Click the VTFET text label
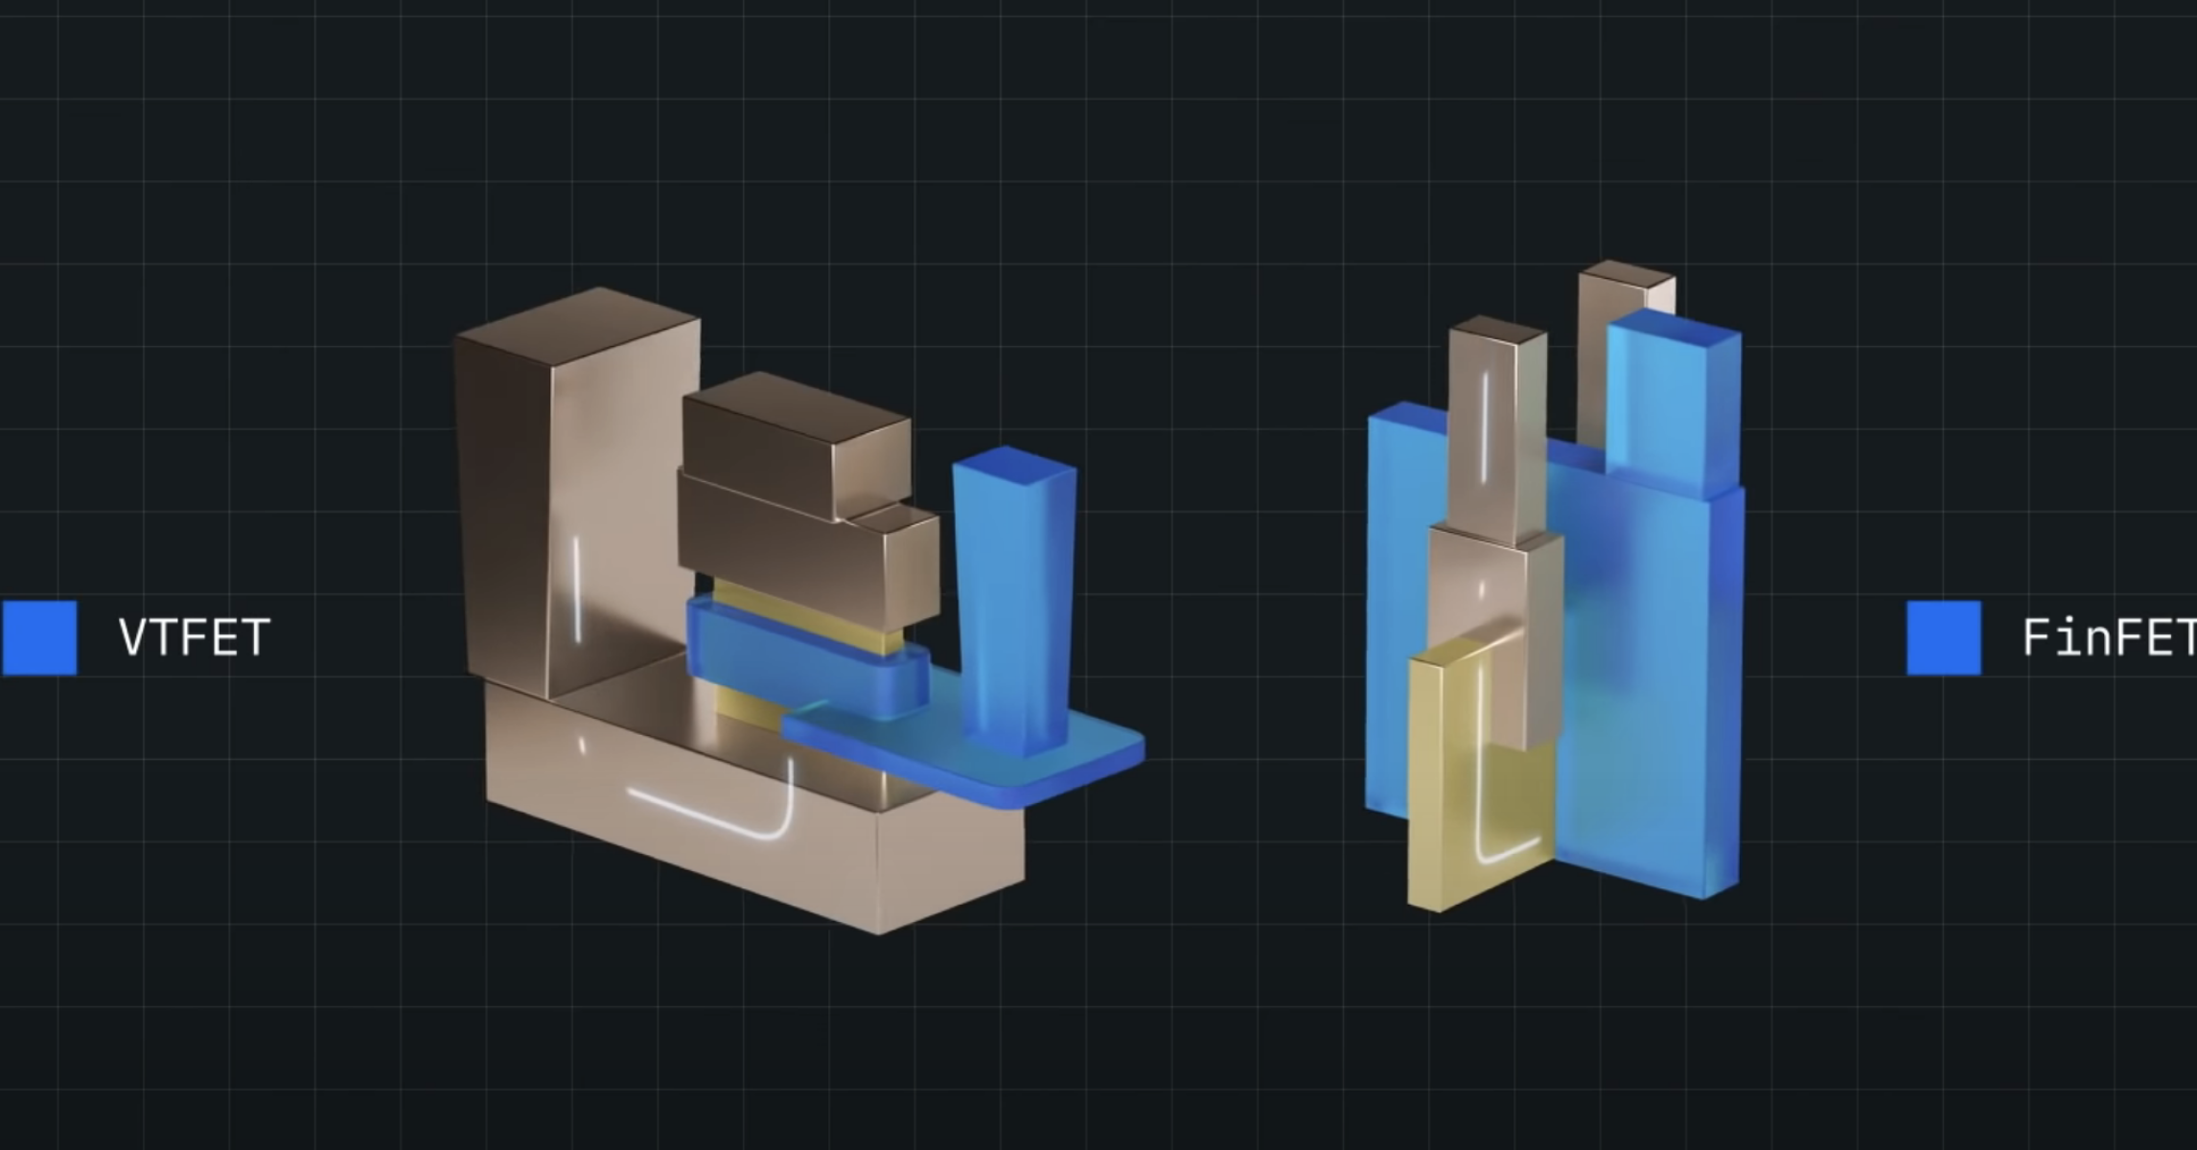[x=195, y=637]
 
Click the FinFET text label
[x=2108, y=637]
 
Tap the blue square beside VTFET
[x=38, y=637]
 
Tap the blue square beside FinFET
[x=1943, y=637]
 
